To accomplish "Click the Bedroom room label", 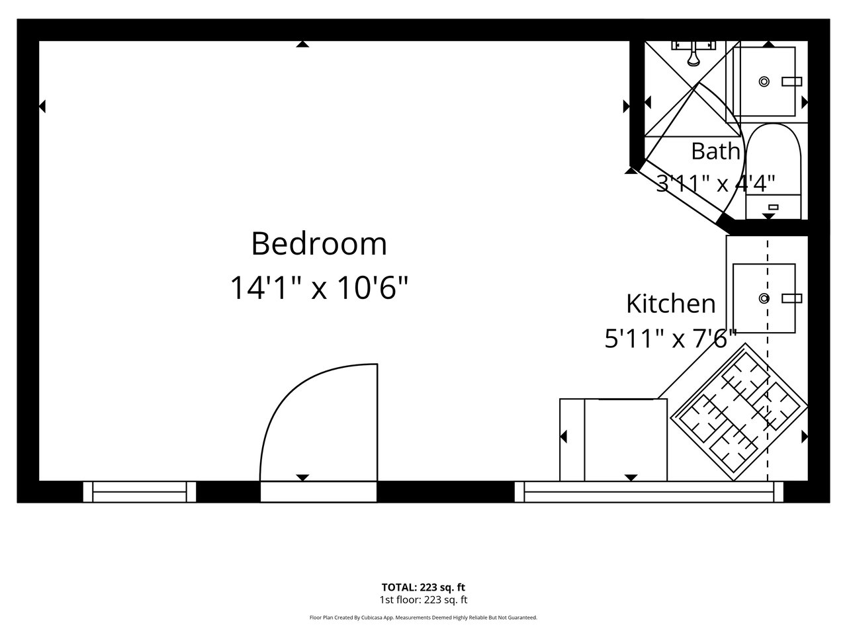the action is coord(319,243).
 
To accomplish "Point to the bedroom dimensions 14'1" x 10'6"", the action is coord(319,287).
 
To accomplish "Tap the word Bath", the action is coord(715,151).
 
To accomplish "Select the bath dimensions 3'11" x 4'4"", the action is coord(716,183).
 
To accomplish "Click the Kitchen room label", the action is coord(671,304).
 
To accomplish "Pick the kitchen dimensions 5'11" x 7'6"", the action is coord(671,339).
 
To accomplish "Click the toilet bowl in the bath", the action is coord(774,159).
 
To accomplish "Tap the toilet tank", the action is coord(774,207).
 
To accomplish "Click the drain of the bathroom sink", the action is coord(764,82).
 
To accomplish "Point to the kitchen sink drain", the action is coord(764,298).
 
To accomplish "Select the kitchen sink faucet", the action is coord(792,298).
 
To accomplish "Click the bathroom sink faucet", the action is coord(792,82).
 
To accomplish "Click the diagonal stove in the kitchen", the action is coord(739,412).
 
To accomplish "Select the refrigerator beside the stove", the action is coord(613,440).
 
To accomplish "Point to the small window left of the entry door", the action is coord(140,491).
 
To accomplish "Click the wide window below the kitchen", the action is coord(649,491).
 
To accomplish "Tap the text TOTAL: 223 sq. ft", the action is coord(423,587).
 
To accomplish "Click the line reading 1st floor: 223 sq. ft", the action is coord(423,600).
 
